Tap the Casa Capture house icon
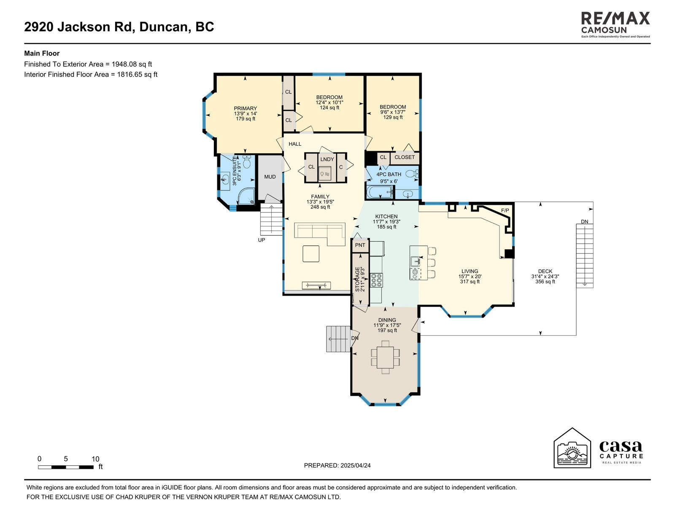pos(572,448)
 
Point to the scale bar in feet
pos(66,467)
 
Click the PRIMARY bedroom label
pos(246,109)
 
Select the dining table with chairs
pos(385,357)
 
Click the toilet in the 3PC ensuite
pos(247,161)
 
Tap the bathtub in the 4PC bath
pos(380,192)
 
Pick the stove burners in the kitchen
pos(376,280)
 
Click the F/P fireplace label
pos(505,210)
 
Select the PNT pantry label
pos(360,245)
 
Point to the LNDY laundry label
pos(327,159)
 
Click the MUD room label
pos(270,177)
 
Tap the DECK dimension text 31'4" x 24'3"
pos(545,276)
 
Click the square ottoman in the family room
pos(311,254)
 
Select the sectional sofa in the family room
pos(320,234)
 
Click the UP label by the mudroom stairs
pos(262,240)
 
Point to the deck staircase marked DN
pos(585,256)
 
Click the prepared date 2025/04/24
pos(355,465)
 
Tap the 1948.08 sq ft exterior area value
pos(132,64)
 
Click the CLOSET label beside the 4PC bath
pos(405,157)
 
